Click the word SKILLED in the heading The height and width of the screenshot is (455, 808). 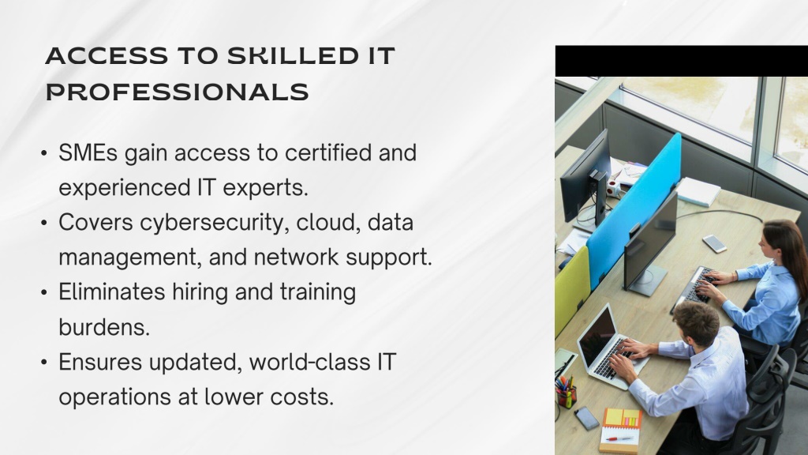pyautogui.click(x=292, y=56)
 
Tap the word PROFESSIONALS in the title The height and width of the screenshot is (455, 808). pyautogui.click(x=178, y=92)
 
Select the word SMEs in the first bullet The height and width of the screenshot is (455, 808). pyautogui.click(x=88, y=152)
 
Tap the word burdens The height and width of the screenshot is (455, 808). pyautogui.click(x=104, y=327)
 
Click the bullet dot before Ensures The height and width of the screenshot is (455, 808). pyautogui.click(x=44, y=362)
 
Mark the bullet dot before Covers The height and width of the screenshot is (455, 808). pyautogui.click(x=44, y=223)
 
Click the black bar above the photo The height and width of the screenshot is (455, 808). pyautogui.click(x=681, y=61)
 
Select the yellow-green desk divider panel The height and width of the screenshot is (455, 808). pyautogui.click(x=572, y=291)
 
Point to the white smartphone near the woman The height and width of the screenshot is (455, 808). pyautogui.click(x=714, y=243)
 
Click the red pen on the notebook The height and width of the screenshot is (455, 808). pyautogui.click(x=619, y=438)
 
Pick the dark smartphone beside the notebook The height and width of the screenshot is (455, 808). pyautogui.click(x=587, y=418)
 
